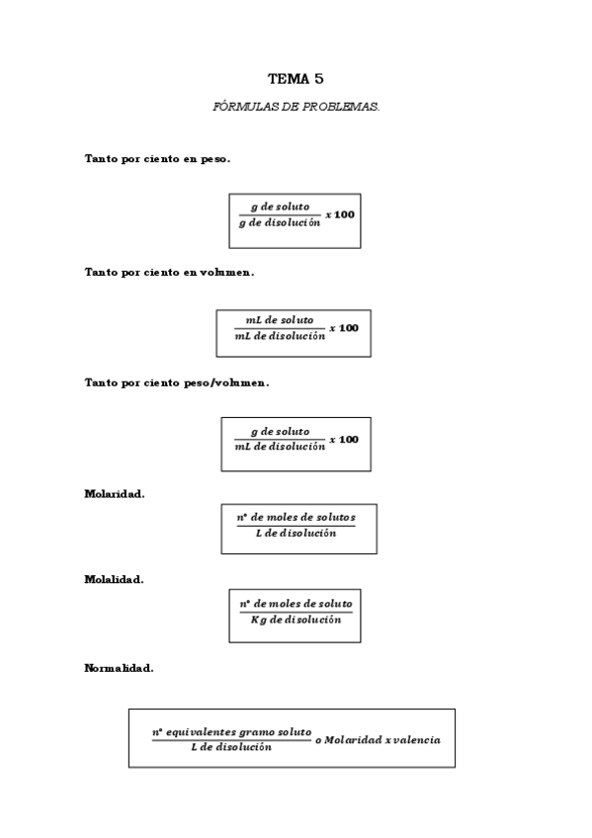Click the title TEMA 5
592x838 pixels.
click(x=296, y=78)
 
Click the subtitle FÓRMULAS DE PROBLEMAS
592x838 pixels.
click(x=296, y=106)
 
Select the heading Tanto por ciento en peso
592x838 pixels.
click(x=157, y=158)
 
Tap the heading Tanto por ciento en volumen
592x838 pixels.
click(x=169, y=271)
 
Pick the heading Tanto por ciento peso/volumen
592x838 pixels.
click(x=176, y=382)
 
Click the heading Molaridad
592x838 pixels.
click(x=114, y=494)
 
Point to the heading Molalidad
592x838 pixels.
click(x=114, y=579)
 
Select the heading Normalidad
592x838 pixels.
click(x=119, y=668)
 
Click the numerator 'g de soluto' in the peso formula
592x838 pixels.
click(x=280, y=207)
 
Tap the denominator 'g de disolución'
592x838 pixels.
click(x=280, y=222)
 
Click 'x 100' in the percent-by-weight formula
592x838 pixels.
click(x=341, y=214)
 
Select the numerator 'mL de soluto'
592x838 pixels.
click(x=280, y=320)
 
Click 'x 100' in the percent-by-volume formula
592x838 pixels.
click(x=344, y=327)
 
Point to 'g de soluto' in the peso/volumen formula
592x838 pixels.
click(x=280, y=431)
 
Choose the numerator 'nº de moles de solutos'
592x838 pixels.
click(x=296, y=518)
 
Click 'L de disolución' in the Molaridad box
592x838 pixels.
click(x=296, y=534)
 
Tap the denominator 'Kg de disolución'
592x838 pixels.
click(x=296, y=620)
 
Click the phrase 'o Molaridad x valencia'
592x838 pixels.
click(x=378, y=739)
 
